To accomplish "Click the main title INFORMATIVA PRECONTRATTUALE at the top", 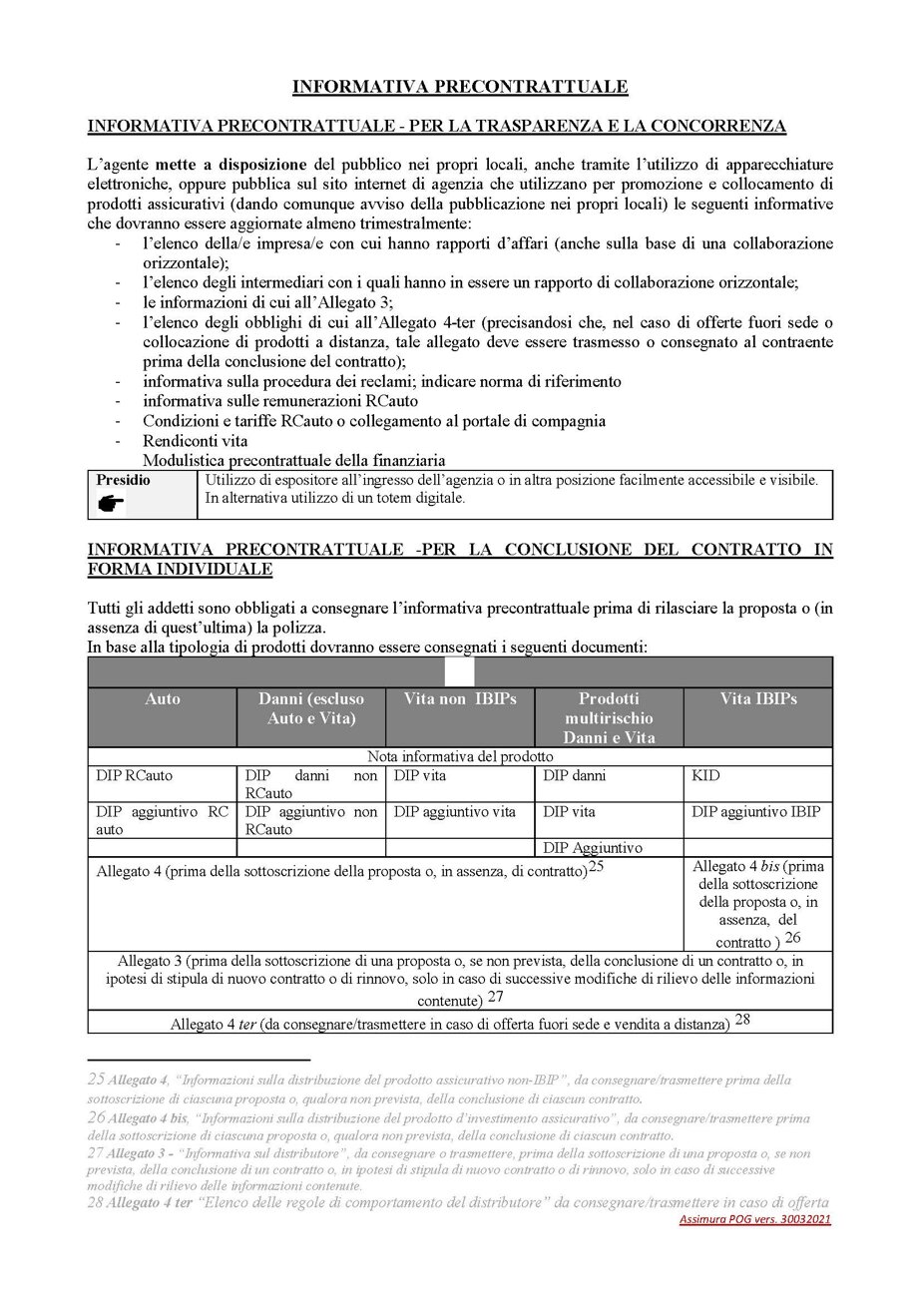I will point(460,88).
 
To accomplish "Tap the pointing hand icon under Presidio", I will point(111,504).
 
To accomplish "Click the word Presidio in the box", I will point(124,480).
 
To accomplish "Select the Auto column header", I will point(163,699).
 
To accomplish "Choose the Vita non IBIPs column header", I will point(460,699).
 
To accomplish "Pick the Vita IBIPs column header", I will point(758,699).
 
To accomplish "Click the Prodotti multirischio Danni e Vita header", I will point(609,717).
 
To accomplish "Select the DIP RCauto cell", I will point(134,774).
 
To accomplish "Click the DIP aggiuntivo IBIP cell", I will point(755,811).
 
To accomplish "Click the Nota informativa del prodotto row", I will point(460,756).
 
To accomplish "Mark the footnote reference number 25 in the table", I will point(597,867).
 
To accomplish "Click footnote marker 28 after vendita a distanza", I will point(743,1020).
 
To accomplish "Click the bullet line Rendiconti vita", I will point(196,440).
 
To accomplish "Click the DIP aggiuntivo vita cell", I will point(455,811).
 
